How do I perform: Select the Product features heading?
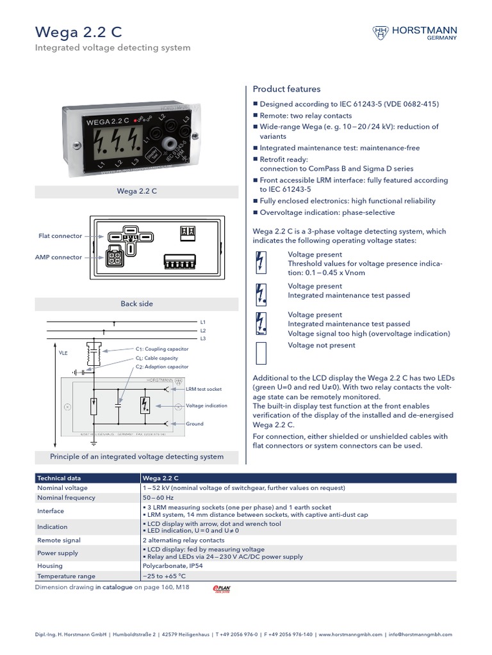286,89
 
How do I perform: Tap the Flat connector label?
60,236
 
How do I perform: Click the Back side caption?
136,304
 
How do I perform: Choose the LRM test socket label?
203,388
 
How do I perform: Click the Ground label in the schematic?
194,423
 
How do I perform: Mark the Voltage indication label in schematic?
206,406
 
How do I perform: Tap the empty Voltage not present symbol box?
261,352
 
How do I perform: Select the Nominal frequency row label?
66,498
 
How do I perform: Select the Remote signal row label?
59,540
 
